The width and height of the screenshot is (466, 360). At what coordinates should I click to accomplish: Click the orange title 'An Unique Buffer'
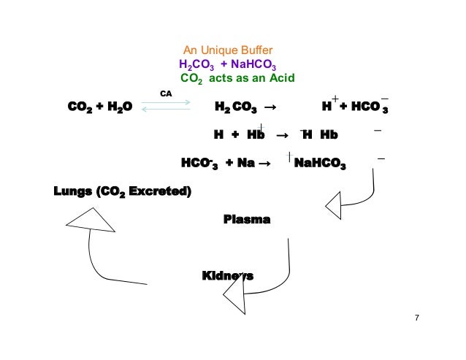click(227, 50)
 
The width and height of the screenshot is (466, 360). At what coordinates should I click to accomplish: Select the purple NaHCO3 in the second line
click(248, 64)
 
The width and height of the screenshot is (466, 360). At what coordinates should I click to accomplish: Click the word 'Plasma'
click(246, 219)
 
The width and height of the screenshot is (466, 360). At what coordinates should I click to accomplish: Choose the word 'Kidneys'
click(227, 275)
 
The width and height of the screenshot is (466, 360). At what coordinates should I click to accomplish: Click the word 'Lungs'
click(73, 192)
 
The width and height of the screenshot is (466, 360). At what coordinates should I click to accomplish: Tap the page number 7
click(416, 318)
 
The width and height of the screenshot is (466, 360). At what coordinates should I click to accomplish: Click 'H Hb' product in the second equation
click(321, 135)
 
